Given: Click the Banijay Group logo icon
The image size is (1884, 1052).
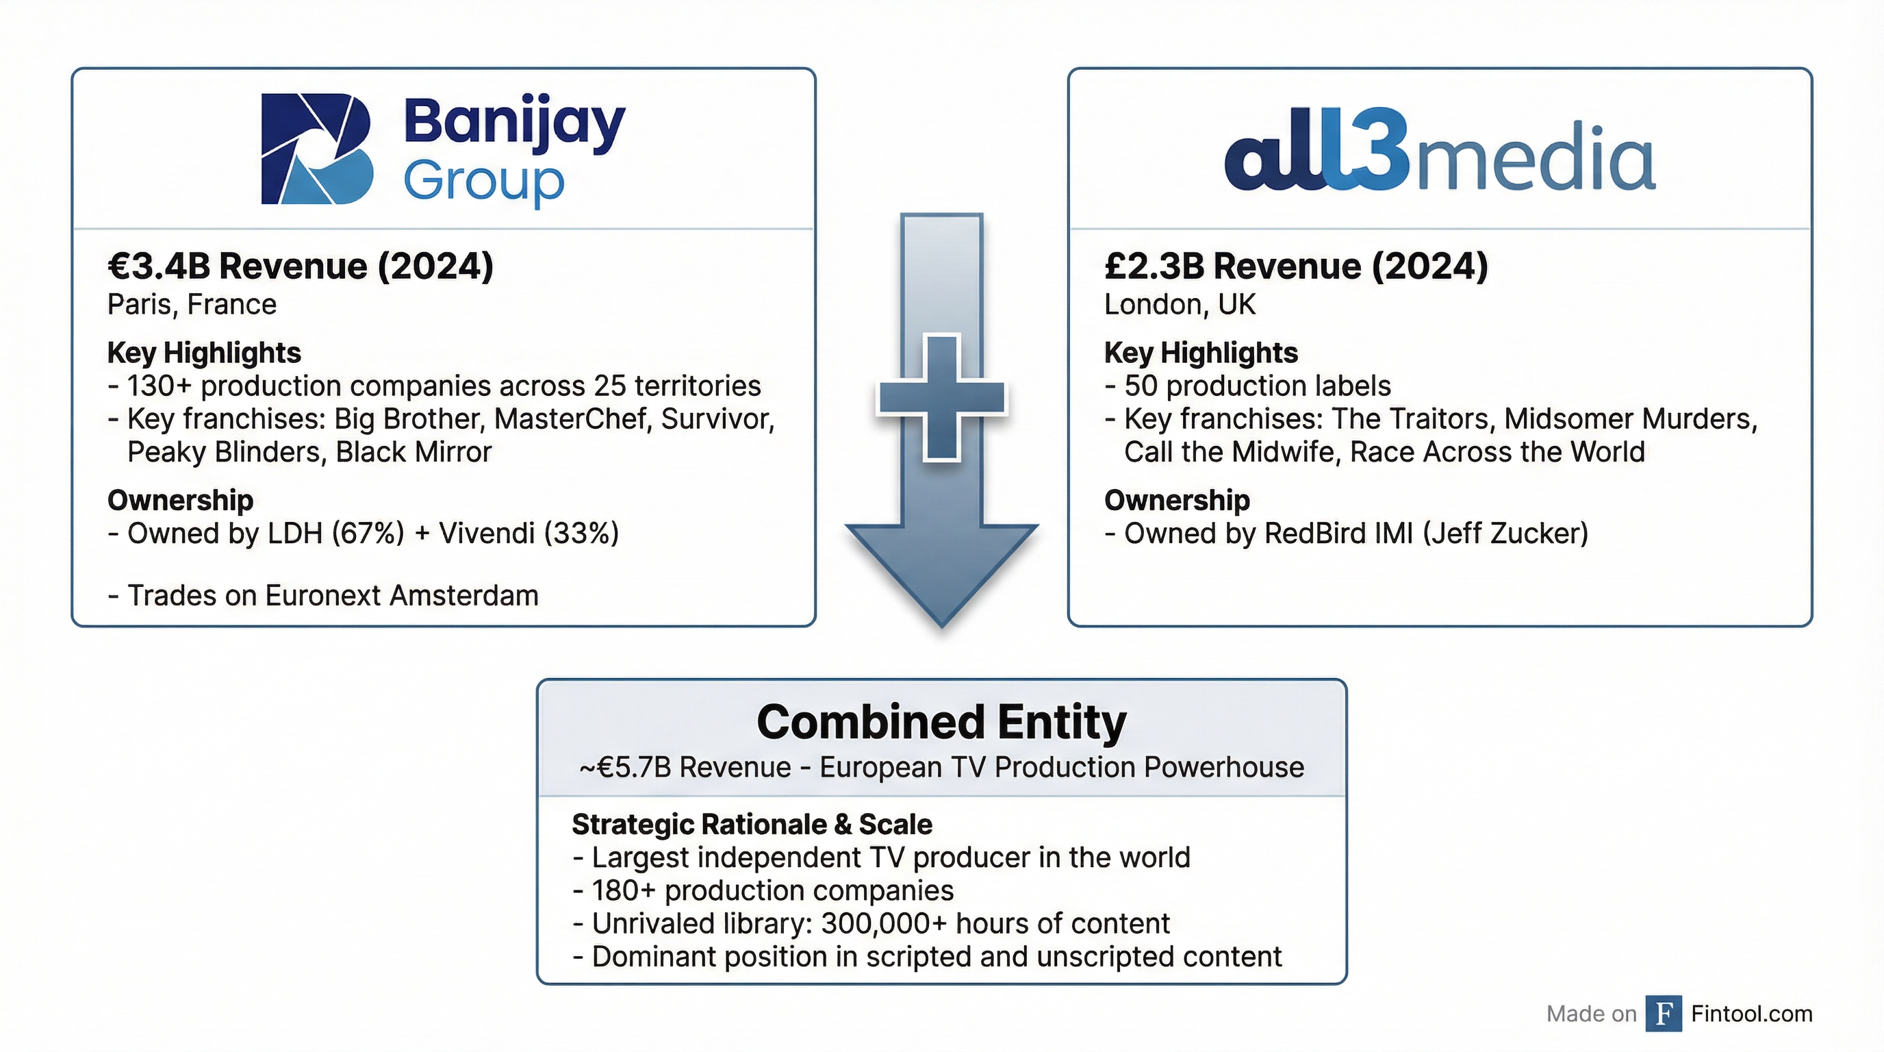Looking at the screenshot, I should coord(317,149).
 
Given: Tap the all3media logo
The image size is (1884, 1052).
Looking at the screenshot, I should coord(1439,154).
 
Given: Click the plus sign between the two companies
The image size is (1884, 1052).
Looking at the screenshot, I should coord(941,398).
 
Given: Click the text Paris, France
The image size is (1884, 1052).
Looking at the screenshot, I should coord(192,304).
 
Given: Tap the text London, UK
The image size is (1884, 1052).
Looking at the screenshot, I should coord(1180,304).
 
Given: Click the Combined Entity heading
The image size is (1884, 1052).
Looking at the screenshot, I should coord(941,722).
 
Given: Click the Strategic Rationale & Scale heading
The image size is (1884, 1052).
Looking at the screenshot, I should coord(752,825).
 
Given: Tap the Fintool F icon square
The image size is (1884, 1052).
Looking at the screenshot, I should coord(1663,1013).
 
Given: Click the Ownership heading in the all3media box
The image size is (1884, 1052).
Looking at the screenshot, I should coord(1177,501).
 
